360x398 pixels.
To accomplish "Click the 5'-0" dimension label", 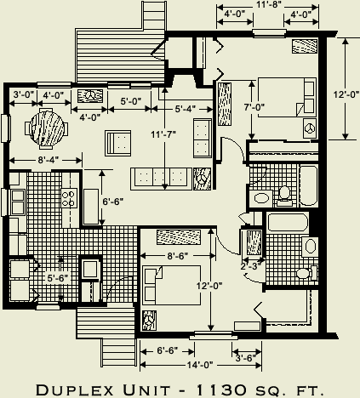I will click(130, 101).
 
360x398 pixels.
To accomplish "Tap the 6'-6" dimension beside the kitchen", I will click(114, 202).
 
